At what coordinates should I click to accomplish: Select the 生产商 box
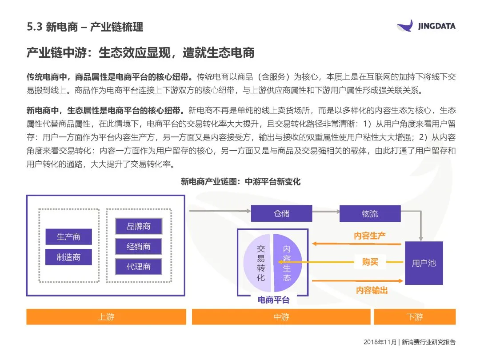[68, 237]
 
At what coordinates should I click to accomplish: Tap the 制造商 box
[68, 257]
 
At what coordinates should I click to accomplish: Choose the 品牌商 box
[139, 226]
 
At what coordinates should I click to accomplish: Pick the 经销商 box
[139, 247]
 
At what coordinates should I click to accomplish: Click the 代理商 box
[139, 267]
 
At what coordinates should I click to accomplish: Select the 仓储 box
[281, 213]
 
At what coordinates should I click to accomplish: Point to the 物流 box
[370, 213]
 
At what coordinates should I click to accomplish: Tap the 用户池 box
[424, 263]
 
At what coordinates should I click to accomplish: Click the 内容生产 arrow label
[370, 236]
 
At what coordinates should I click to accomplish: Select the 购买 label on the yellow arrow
[370, 262]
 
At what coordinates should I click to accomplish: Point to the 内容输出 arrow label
[372, 290]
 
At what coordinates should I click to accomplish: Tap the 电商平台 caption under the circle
[273, 300]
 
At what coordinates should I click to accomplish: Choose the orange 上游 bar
[106, 317]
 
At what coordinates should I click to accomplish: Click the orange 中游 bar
[281, 317]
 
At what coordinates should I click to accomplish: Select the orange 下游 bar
[415, 317]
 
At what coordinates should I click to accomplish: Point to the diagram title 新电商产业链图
[240, 182]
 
